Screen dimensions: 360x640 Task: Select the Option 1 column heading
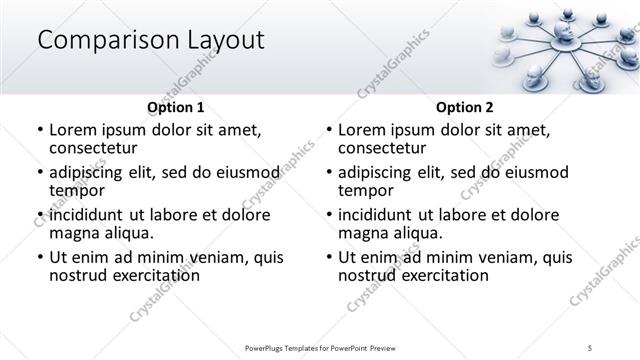(x=175, y=107)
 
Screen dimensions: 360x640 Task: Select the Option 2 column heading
(x=464, y=107)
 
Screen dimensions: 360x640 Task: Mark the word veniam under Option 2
(x=510, y=257)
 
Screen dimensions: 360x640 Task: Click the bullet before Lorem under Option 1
(x=39, y=131)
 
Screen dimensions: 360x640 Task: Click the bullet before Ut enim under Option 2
(x=328, y=258)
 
